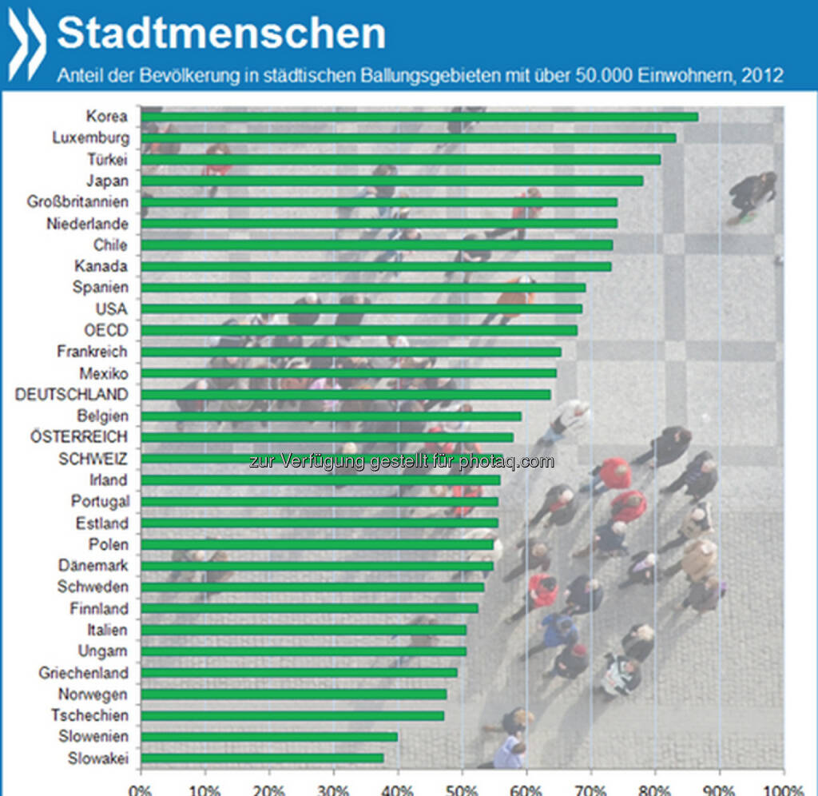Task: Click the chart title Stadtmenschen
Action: pyautogui.click(x=220, y=34)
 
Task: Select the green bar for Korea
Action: pyautogui.click(x=419, y=117)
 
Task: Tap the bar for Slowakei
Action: pyautogui.click(x=262, y=758)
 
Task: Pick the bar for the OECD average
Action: pyautogui.click(x=359, y=330)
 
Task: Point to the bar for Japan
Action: pyautogui.click(x=391, y=181)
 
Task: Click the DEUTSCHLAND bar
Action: pyautogui.click(x=346, y=394)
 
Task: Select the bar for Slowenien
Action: pyautogui.click(x=269, y=737)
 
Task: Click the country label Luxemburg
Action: pyautogui.click(x=89, y=137)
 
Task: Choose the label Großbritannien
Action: pyautogui.click(x=77, y=201)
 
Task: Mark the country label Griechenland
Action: pyautogui.click(x=83, y=673)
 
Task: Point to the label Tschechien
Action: pyautogui.click(x=89, y=715)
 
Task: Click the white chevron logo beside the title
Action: pyautogui.click(x=27, y=42)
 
